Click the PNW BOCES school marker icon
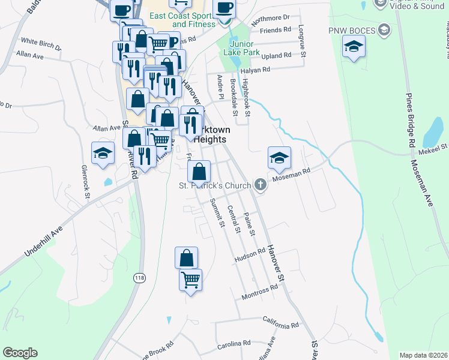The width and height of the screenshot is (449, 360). tap(354, 46)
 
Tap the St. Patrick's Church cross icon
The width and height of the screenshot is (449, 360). tap(261, 185)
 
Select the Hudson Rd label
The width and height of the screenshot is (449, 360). tap(250, 256)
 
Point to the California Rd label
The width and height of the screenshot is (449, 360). tap(280, 325)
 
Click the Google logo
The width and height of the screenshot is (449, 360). tap(20, 353)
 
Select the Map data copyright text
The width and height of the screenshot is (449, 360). tap(423, 355)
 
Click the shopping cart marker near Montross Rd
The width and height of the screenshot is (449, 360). tap(191, 280)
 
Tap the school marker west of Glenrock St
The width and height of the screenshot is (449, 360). tap(103, 153)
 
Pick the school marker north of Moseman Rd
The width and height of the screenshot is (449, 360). tap(279, 158)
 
